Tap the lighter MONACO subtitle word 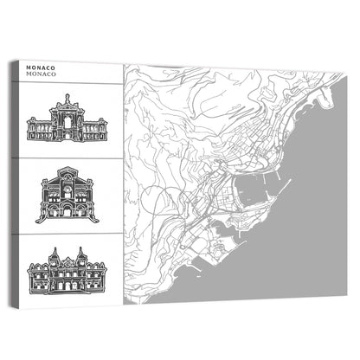click(x=42, y=75)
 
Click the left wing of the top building click(x=38, y=131)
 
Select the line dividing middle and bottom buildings click(x=65, y=230)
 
